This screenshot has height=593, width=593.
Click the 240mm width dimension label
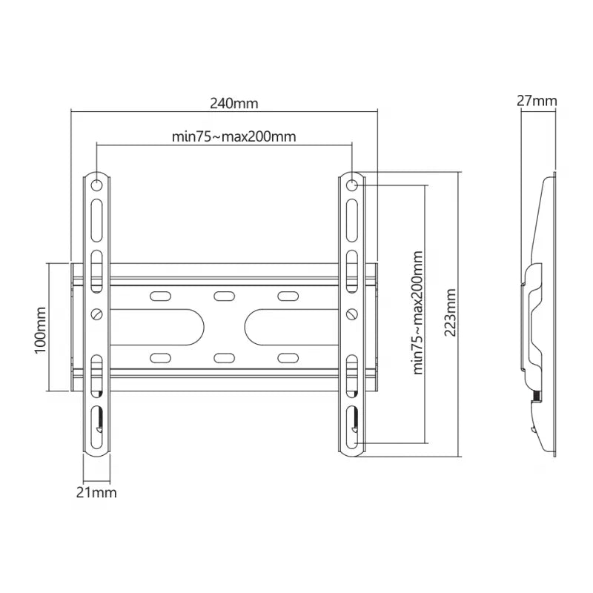(x=233, y=104)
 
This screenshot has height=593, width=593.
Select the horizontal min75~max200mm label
(x=233, y=136)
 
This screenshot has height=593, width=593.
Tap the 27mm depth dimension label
(x=537, y=101)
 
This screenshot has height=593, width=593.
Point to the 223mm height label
(x=450, y=311)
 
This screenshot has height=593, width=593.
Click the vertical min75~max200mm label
(x=417, y=311)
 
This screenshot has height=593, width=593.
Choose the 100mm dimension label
(x=41, y=327)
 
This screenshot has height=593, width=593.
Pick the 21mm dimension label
(x=97, y=491)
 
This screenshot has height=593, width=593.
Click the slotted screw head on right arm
(x=353, y=314)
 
